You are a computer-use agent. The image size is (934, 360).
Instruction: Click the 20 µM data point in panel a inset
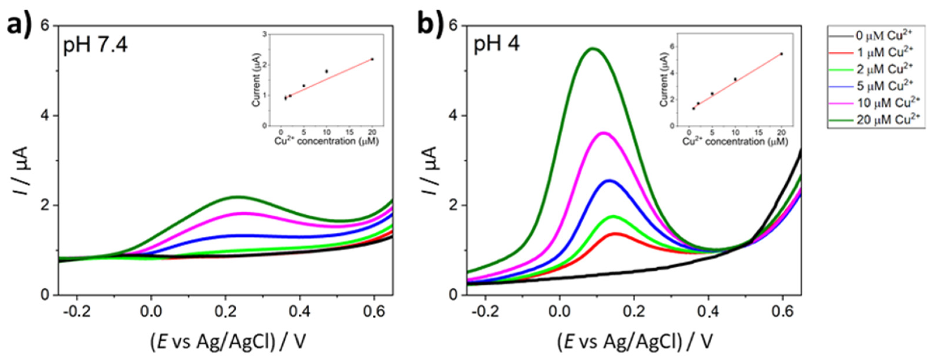(x=372, y=59)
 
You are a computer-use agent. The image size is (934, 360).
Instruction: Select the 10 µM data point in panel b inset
(x=735, y=79)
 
